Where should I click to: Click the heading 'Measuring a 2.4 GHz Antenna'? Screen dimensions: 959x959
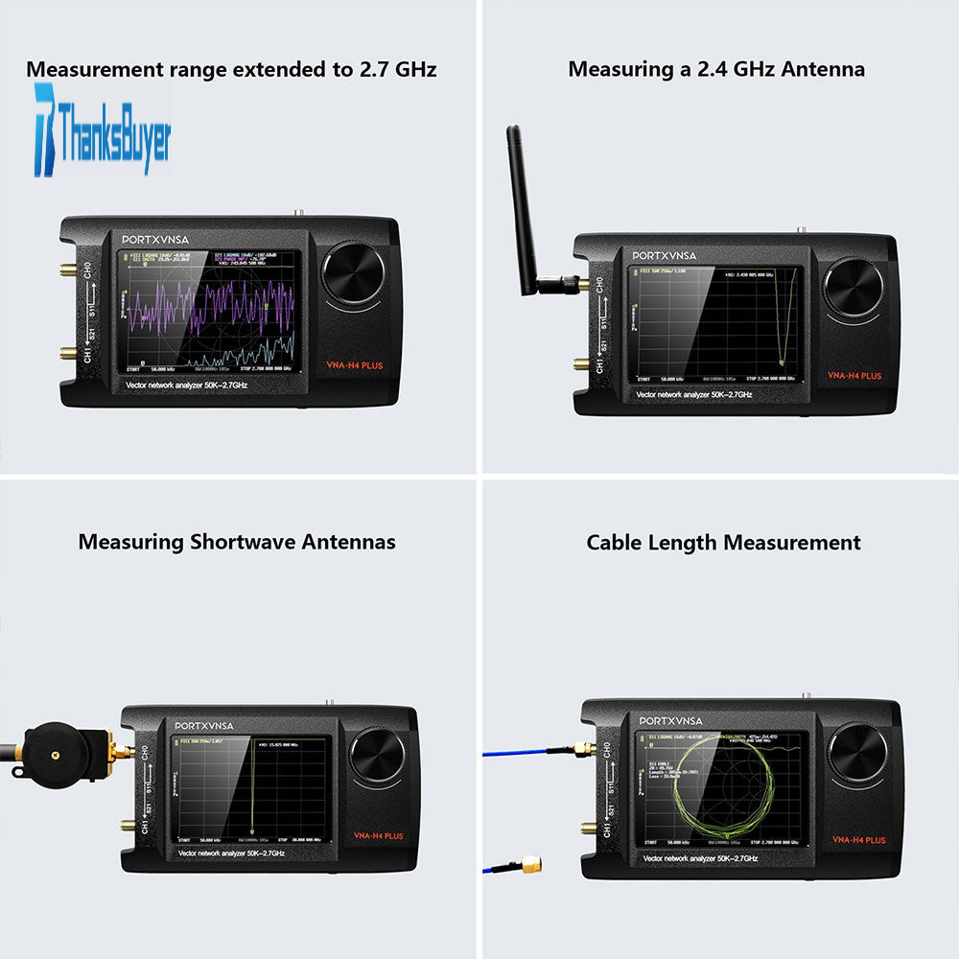point(715,69)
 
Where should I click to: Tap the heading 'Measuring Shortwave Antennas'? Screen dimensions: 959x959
point(237,542)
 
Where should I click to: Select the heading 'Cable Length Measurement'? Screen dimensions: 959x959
point(723,543)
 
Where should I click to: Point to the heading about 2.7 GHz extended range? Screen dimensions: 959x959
point(231,69)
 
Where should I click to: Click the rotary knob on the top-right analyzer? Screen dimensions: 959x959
point(854,287)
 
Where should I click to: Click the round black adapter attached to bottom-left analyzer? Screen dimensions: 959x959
point(54,753)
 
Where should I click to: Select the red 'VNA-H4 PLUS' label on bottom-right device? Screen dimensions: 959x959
point(858,840)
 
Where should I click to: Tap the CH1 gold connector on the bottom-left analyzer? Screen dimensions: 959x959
point(129,824)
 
